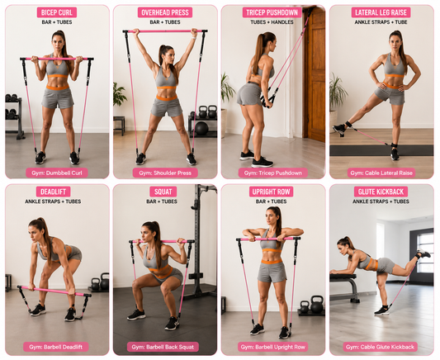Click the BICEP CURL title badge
pos(57,12)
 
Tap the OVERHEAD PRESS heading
pos(165,12)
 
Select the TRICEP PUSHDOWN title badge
pos(272,12)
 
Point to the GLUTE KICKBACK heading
pos(381,192)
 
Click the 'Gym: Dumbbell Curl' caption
pos(57,173)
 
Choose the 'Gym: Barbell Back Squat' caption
pos(163,347)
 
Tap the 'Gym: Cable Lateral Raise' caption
pos(381,173)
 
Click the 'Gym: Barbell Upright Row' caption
pos(272,347)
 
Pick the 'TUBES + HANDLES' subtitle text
pos(272,22)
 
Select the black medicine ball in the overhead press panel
pos(201,129)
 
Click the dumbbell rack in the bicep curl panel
pos(14,115)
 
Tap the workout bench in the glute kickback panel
pos(345,287)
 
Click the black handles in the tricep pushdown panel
pos(267,100)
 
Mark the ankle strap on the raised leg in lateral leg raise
pos(348,125)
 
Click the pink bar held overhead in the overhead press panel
pos(165,31)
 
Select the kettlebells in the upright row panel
pos(311,305)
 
